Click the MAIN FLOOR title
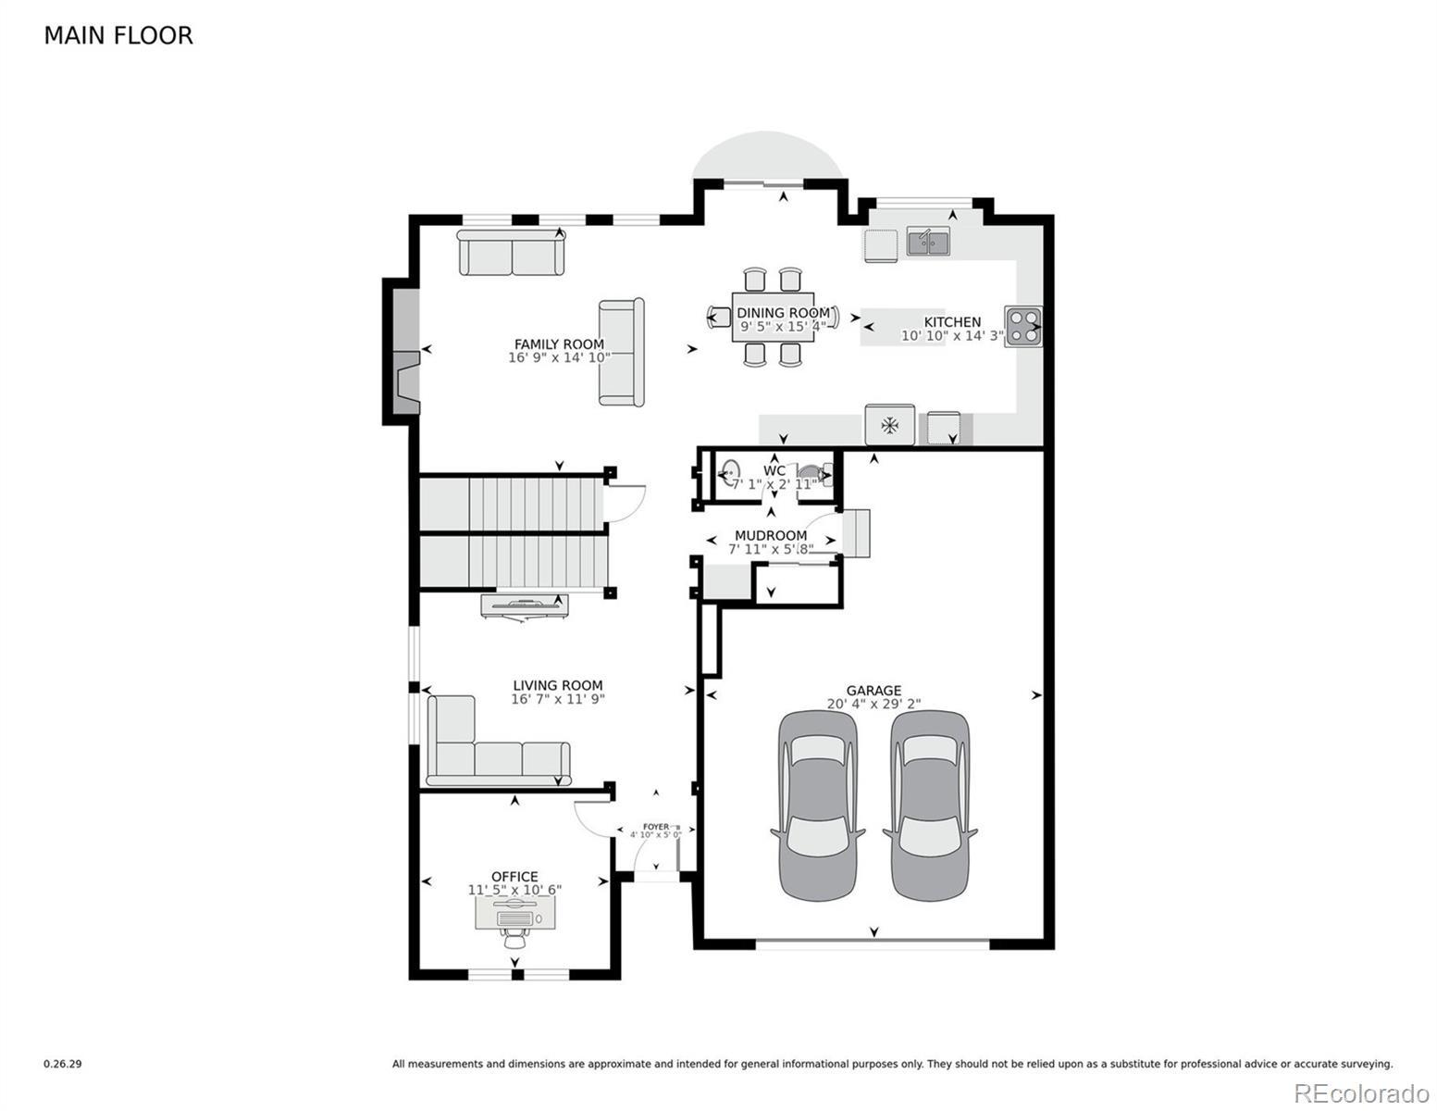118,36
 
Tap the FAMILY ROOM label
559,344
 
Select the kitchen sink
928,241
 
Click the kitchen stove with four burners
1022,326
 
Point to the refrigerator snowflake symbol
889,425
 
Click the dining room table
773,317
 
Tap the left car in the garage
818,805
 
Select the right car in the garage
930,805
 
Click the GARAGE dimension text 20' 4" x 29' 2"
873,704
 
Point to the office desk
515,914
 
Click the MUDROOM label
771,534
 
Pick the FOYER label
655,827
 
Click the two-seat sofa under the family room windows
511,253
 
